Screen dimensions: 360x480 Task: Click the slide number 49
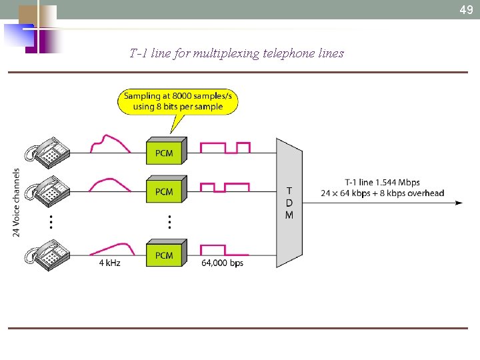[466, 10]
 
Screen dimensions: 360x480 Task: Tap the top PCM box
[165, 152]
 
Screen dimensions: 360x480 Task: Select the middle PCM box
[165, 191]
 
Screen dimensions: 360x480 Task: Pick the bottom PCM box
[165, 254]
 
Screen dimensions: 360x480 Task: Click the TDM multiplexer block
[289, 203]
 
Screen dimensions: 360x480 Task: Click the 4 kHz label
[109, 263]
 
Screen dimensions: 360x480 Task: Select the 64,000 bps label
[222, 263]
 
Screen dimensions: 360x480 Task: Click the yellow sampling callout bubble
[178, 102]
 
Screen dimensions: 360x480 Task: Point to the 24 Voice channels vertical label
[17, 201]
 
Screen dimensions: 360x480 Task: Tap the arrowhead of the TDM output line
[459, 203]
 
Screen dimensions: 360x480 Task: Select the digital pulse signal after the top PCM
[225, 147]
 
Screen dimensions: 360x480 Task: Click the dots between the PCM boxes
[170, 221]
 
